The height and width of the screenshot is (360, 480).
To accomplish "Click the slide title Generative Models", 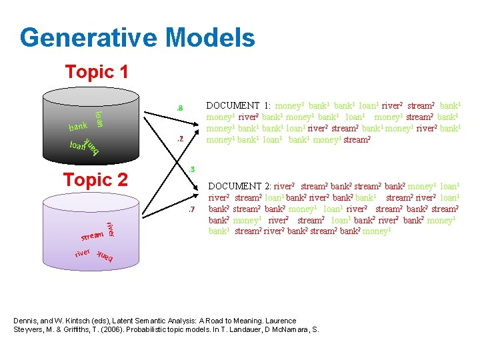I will coord(137,37).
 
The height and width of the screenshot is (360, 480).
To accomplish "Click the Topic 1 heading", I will coord(96,71).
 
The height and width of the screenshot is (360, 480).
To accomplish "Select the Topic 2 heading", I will coord(95,179).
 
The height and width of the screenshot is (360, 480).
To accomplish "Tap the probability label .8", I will coord(179,108).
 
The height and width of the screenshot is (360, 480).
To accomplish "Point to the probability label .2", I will coord(179,139).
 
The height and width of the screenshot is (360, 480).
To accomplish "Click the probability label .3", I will coord(191,169).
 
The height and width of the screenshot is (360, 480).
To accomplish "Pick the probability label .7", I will coord(190,210).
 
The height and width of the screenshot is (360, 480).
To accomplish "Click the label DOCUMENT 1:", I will coord(239,105).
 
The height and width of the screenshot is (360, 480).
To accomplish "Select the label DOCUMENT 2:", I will coord(241,187).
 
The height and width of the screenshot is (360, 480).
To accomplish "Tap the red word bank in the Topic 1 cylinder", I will coord(78,126).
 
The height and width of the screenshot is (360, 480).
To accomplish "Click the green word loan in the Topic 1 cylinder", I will coord(97,119).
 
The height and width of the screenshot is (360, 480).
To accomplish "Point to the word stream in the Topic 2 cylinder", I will coord(92,235).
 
